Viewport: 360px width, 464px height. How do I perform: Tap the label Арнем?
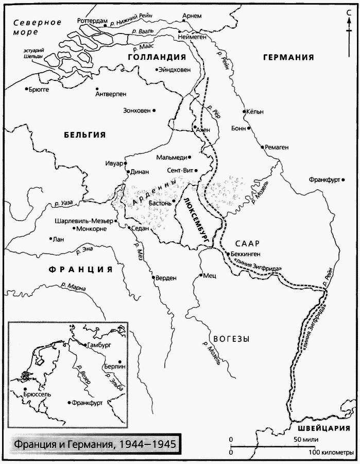tap(192, 16)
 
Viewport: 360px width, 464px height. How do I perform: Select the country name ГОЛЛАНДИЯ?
tap(156, 57)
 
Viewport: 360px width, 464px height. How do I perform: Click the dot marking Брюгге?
tap(26, 89)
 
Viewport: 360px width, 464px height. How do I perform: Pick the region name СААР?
tap(247, 243)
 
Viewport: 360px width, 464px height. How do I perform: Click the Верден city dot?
tap(153, 277)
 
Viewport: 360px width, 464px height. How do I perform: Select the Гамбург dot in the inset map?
tap(84, 344)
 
